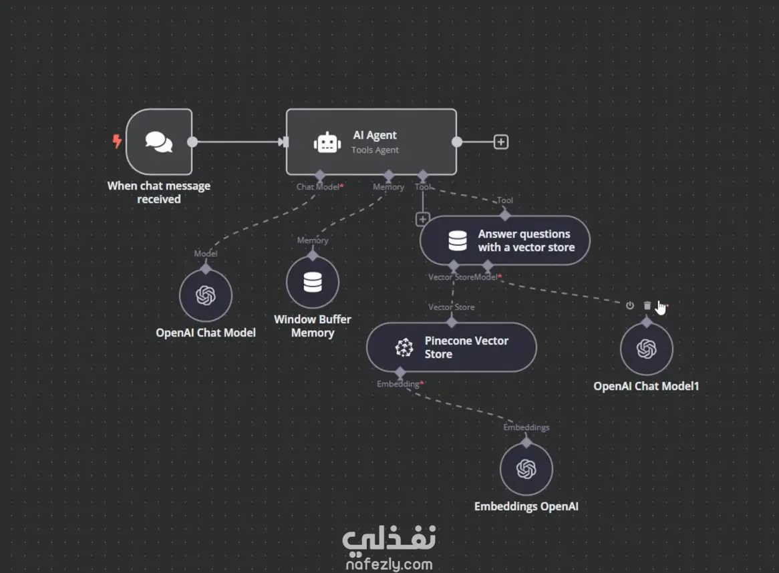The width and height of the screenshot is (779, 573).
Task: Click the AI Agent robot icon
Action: [327, 142]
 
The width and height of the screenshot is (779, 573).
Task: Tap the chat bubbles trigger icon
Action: [158, 142]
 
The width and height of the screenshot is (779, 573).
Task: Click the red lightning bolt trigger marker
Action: [117, 141]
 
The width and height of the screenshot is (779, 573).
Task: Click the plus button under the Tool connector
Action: [422, 219]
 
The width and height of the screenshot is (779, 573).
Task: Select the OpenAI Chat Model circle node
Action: [206, 295]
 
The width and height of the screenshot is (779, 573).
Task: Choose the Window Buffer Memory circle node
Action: [313, 282]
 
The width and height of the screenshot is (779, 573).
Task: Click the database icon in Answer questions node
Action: [458, 240]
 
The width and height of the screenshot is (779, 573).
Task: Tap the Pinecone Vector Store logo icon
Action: [404, 347]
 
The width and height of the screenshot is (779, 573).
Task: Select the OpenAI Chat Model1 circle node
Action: [646, 349]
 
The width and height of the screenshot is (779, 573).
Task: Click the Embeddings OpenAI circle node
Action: [526, 469]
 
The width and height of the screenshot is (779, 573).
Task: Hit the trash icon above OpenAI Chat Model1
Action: [647, 305]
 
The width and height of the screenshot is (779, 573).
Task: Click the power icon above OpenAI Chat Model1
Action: [630, 305]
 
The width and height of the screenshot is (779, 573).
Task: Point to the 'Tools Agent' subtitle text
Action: [375, 150]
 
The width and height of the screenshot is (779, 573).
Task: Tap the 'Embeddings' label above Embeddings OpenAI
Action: [526, 427]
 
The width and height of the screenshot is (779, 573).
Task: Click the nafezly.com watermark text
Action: [389, 564]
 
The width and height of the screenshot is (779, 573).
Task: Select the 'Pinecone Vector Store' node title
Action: [466, 347]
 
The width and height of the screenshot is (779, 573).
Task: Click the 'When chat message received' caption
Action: [159, 192]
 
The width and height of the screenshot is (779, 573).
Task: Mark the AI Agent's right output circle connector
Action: [456, 142]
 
